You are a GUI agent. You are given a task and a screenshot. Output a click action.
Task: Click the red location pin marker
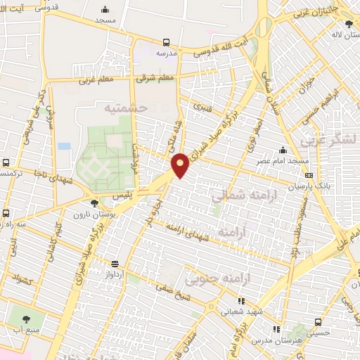(181, 164)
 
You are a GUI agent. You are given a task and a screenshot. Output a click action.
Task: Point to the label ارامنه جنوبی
(209, 280)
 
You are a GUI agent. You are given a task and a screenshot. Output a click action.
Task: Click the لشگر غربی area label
(330, 141)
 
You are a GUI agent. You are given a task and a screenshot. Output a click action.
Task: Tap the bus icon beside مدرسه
(166, 41)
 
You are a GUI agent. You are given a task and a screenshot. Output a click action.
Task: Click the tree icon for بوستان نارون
(94, 203)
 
